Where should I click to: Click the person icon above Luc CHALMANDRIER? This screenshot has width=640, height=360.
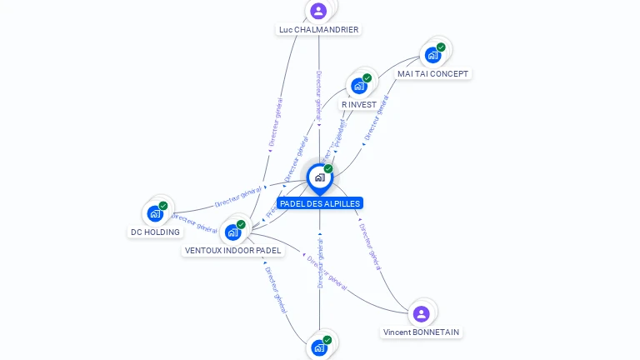click(317, 11)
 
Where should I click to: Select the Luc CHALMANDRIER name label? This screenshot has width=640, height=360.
click(319, 30)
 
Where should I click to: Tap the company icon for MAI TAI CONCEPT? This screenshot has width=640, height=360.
click(432, 55)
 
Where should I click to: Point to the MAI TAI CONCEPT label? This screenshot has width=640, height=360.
click(432, 74)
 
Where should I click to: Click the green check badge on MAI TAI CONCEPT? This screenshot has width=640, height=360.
click(441, 47)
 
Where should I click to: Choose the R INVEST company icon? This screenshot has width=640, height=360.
click(358, 85)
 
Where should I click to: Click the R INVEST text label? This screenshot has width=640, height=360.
click(359, 105)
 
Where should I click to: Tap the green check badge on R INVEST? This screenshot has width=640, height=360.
click(367, 78)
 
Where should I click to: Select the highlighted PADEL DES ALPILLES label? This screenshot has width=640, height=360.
click(320, 203)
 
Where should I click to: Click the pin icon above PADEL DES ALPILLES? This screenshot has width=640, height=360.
click(319, 177)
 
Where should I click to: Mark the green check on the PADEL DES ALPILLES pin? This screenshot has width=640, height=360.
click(328, 169)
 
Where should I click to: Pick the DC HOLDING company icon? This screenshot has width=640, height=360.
click(155, 213)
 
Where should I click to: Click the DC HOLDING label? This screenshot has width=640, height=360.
click(155, 232)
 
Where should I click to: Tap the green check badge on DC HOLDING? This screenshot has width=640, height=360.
click(163, 206)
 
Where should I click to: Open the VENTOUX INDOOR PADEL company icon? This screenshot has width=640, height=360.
click(232, 232)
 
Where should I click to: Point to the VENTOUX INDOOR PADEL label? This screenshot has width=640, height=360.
click(233, 251)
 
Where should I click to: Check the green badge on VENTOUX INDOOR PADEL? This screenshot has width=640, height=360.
click(241, 225)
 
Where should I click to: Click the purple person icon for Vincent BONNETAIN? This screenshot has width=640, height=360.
click(421, 313)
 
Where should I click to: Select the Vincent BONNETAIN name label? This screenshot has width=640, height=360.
click(421, 332)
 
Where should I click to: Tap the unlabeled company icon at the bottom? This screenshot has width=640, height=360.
click(318, 347)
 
